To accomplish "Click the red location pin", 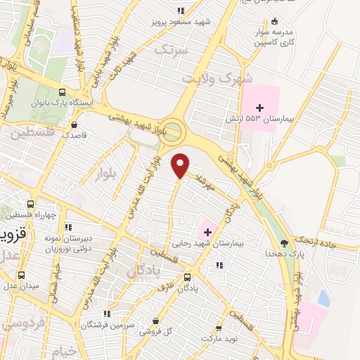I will click(x=181, y=165).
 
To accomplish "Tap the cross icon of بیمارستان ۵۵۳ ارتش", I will click(x=260, y=107).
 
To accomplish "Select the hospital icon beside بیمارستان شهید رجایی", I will click(x=207, y=231).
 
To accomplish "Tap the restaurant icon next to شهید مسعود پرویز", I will click(x=181, y=11).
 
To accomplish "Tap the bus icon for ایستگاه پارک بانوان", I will click(x=63, y=92).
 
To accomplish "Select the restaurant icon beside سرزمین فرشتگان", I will click(x=107, y=314).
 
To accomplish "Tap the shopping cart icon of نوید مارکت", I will click(x=219, y=328).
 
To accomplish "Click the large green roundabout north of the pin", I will click(x=175, y=129).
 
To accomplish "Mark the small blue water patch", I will click(x=323, y=298).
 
